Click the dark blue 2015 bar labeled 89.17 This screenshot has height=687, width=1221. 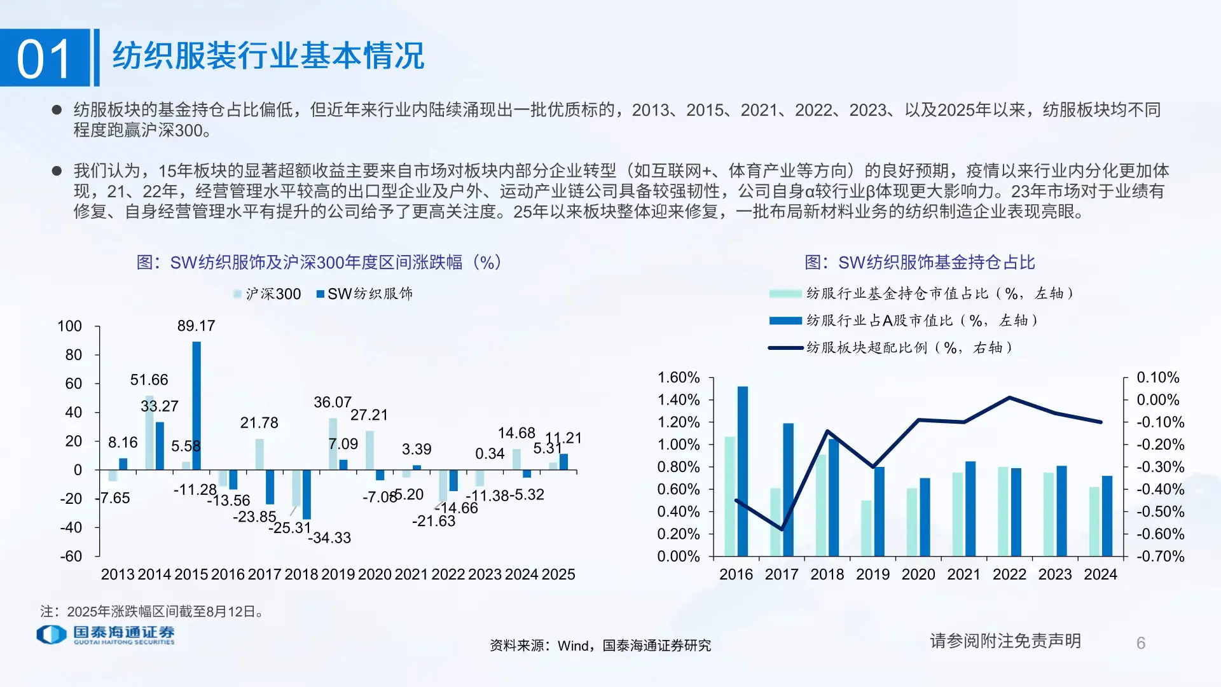coord(197,406)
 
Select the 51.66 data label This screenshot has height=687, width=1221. coord(149,380)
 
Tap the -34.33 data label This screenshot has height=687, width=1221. coord(329,538)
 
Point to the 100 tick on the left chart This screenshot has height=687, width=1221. coord(69,326)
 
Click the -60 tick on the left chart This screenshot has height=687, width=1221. coord(71,557)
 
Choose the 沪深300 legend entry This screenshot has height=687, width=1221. coord(267,294)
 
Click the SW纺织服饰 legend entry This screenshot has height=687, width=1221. coord(365,294)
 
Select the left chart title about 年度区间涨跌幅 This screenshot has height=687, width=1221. coord(319,262)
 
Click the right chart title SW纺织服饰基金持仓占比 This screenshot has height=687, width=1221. coord(920,262)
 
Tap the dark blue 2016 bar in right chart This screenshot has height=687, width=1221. coord(743,471)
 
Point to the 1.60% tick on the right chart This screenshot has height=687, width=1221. coord(678,378)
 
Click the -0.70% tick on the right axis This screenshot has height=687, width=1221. coord(1161,557)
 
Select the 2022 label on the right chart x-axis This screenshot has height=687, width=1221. coord(1009,574)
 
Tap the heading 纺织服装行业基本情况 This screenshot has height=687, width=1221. coord(268,56)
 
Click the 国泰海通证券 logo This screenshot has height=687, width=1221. coord(106,634)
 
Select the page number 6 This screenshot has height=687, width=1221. coord(1141,643)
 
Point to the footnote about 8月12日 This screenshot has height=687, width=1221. coord(152,612)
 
